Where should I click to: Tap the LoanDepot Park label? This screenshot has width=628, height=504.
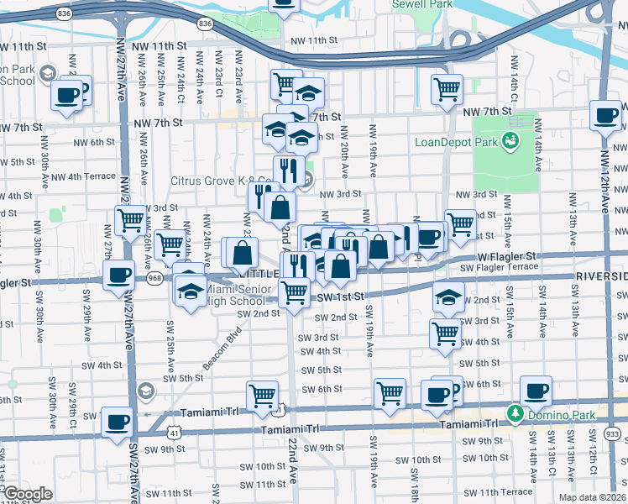[458, 141]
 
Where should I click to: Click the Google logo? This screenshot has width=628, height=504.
[27, 494]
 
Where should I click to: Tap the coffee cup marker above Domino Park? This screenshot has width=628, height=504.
[536, 391]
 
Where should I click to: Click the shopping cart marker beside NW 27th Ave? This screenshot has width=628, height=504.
[130, 220]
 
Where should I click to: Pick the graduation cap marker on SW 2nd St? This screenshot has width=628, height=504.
[448, 297]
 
